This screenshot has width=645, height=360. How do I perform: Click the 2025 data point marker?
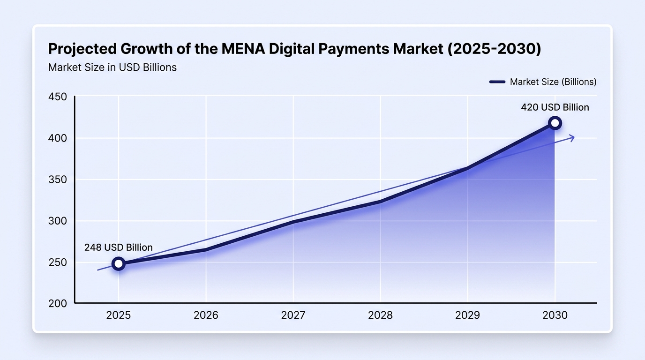(118, 263)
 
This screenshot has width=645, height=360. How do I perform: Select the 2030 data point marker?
(555, 123)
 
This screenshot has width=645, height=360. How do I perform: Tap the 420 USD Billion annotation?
(555, 107)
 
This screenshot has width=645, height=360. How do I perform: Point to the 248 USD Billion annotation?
(118, 247)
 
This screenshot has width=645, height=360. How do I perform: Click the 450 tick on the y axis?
(58, 97)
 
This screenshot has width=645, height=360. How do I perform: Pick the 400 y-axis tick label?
(58, 138)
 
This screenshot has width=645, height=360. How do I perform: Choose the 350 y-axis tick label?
(58, 180)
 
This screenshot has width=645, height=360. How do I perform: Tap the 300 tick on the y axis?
(58, 221)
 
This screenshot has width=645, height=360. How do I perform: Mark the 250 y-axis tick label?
(58, 262)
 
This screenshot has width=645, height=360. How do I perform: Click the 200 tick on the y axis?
(58, 304)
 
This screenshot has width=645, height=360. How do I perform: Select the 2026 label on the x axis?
(206, 315)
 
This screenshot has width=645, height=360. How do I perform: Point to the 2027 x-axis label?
(293, 315)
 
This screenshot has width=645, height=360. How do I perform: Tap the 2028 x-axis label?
(380, 315)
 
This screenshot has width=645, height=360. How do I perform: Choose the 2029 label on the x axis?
(468, 315)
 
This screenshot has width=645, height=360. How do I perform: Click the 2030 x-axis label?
(555, 315)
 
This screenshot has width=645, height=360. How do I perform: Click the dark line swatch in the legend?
(497, 82)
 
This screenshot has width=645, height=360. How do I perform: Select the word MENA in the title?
(243, 49)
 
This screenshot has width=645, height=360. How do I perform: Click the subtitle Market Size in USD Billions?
(112, 67)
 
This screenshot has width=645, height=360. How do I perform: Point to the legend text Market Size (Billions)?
(553, 82)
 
